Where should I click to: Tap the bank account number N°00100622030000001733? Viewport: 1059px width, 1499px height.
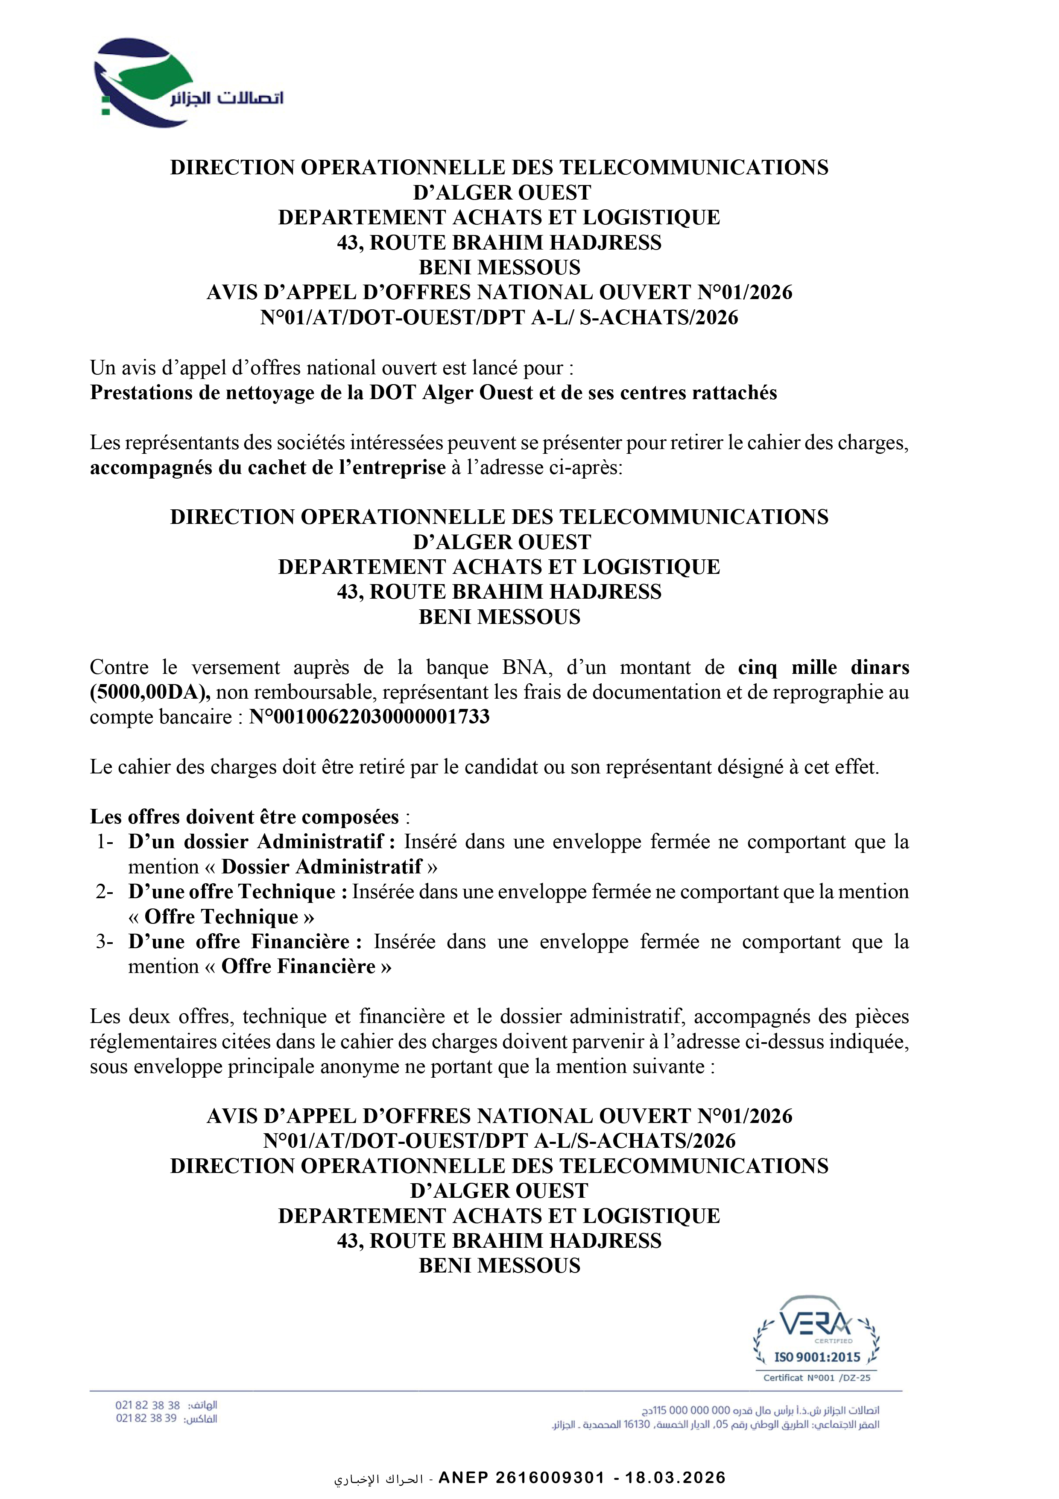coord(369,717)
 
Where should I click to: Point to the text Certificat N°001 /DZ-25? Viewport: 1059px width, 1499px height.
coord(816,1378)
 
